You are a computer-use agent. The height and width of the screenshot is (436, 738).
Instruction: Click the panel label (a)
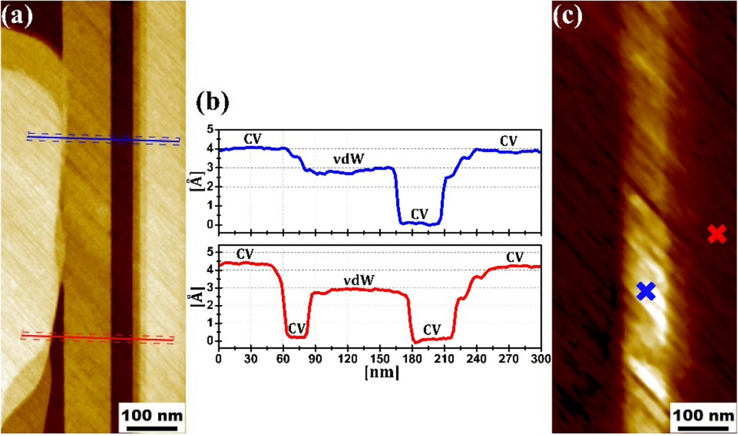(17, 16)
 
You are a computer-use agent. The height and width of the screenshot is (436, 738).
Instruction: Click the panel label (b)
(212, 102)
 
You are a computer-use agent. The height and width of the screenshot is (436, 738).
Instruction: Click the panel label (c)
(567, 16)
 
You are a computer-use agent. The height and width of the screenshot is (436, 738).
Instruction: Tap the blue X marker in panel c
(646, 291)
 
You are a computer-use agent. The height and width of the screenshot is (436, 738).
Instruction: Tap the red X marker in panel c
(716, 234)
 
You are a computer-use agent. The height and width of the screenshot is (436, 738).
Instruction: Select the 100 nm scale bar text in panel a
(152, 415)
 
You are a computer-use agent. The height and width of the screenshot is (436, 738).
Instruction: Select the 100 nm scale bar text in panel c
(703, 415)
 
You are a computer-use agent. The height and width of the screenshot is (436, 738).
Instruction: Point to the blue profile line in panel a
(103, 139)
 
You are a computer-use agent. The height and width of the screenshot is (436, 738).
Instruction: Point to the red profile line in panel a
(97, 337)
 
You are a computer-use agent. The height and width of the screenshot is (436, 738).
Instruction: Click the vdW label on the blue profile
(349, 159)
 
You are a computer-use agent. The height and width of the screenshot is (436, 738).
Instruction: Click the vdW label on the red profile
(359, 280)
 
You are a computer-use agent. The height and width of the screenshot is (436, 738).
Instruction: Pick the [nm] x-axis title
(382, 372)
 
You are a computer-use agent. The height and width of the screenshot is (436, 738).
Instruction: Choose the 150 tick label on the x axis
(380, 359)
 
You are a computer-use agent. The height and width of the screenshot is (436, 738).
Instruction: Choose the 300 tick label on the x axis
(540, 359)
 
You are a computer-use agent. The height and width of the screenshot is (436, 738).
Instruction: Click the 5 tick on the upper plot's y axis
(211, 130)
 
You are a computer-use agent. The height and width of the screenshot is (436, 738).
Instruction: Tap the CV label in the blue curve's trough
(420, 214)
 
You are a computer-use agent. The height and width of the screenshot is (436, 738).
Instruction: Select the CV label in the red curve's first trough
(296, 328)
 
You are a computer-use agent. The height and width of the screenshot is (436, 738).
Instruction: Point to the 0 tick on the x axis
(218, 359)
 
